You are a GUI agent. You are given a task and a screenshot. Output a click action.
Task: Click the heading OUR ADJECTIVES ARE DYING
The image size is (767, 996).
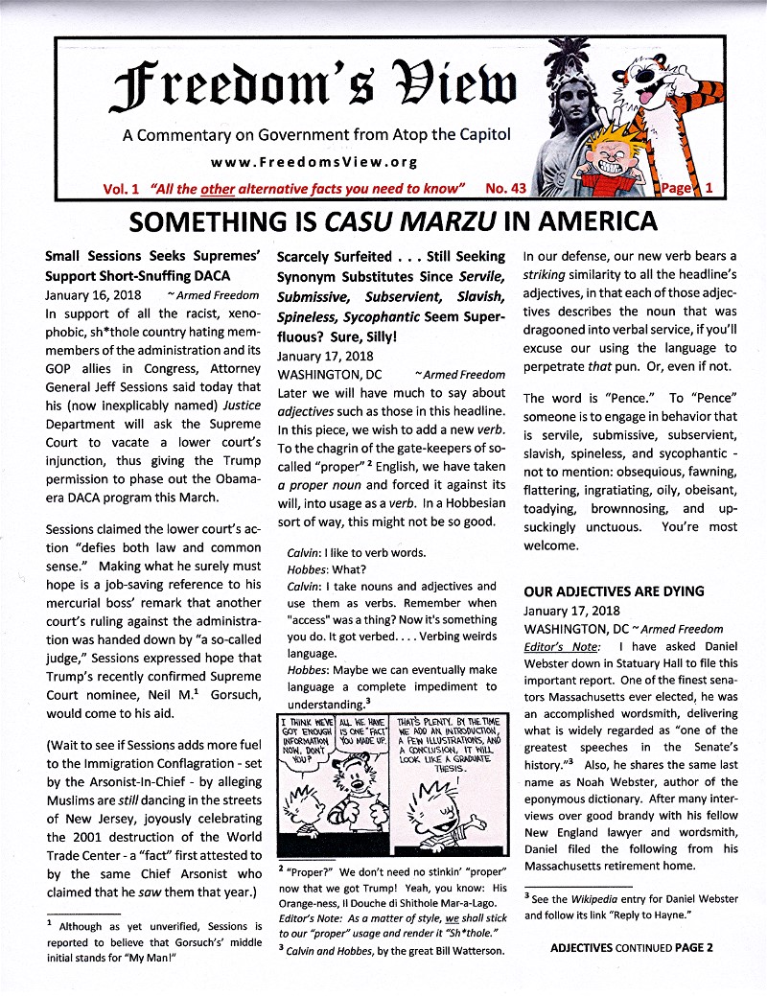pos(614,591)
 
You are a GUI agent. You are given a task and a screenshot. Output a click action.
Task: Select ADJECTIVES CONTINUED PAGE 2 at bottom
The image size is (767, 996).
pos(633,949)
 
